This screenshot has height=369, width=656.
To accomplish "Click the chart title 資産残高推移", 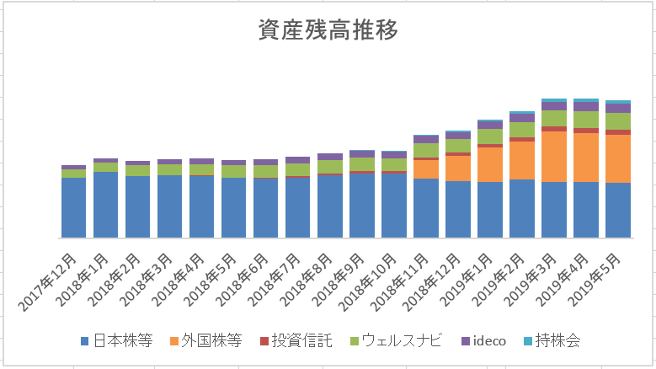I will tap(328, 30).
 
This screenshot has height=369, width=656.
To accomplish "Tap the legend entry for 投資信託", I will tap(301, 341).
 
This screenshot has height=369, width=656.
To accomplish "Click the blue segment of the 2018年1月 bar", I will tap(105, 205).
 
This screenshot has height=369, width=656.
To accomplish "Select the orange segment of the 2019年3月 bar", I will tap(553, 157).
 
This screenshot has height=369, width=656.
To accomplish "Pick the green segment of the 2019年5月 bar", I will tap(617, 121).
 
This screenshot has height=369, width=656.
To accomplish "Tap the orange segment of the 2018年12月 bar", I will tap(457, 168).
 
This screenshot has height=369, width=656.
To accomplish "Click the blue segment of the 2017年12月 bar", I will tap(73, 207).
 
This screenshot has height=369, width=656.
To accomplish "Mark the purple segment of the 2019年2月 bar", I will tap(521, 118).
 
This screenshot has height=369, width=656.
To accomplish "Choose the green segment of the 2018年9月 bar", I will tap(361, 164).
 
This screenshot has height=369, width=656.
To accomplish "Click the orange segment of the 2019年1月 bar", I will tap(489, 164).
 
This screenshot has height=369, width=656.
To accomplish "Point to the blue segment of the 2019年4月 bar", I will tap(585, 209).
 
